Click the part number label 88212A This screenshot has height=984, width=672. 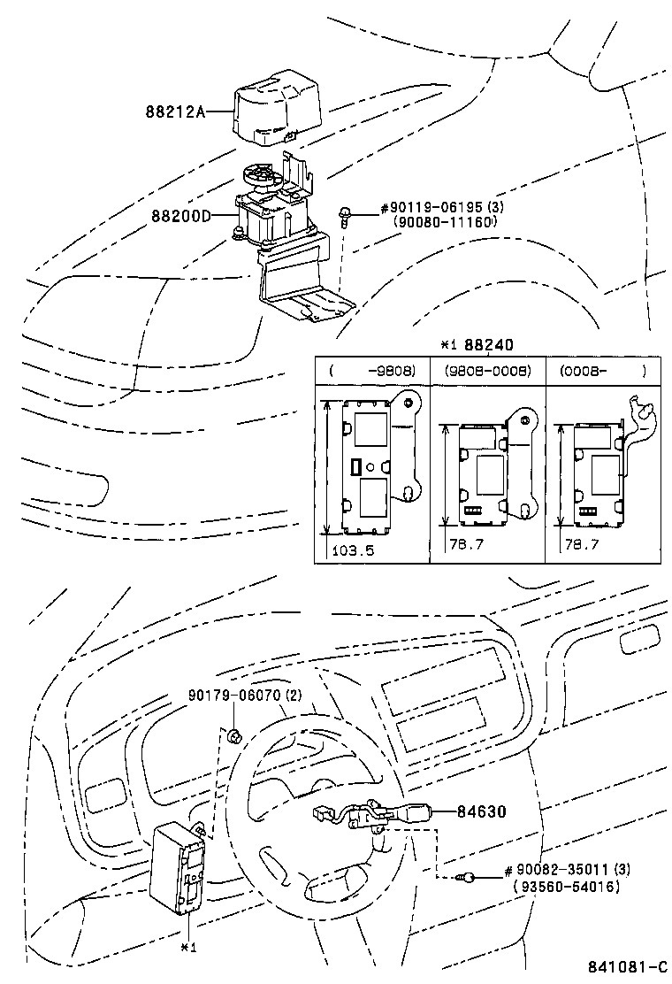click(x=175, y=111)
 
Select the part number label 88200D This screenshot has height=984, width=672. click(x=179, y=215)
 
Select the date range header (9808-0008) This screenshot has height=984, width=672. click(x=487, y=372)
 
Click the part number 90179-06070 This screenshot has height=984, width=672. click(x=244, y=696)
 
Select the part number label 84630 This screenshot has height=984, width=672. click(x=481, y=811)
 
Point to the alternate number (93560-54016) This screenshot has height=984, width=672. click(x=566, y=886)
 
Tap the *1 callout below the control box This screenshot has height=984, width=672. click(x=187, y=947)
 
